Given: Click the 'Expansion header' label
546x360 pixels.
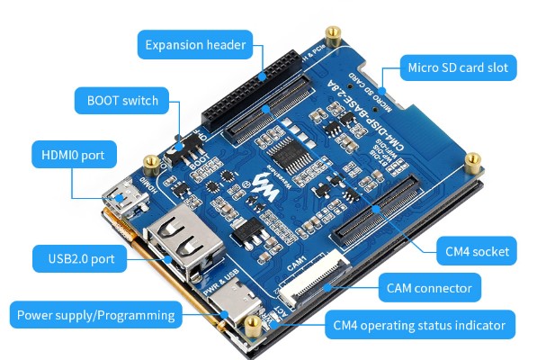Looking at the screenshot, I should [x=195, y=44].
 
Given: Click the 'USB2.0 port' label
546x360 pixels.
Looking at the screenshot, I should [x=80, y=259].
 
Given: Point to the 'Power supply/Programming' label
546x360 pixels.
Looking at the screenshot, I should [x=94, y=315].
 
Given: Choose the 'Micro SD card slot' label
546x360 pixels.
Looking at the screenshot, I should [x=458, y=67].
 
